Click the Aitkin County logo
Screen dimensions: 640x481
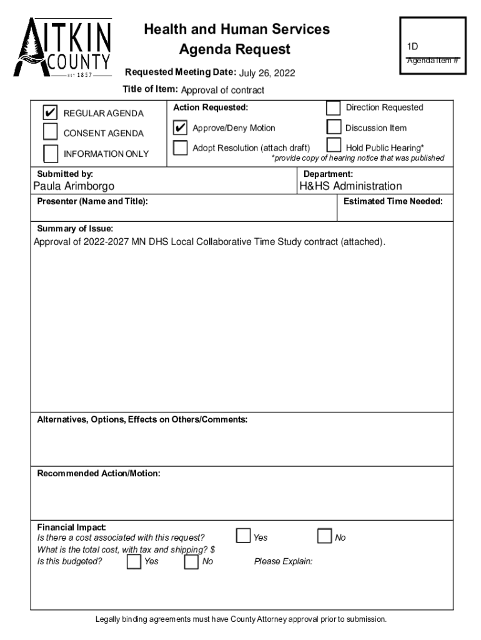point(63,48)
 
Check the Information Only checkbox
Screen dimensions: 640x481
point(51,153)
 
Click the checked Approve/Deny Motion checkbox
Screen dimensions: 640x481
point(181,128)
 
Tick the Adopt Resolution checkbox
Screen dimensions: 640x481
point(181,148)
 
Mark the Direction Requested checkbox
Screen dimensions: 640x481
point(334,107)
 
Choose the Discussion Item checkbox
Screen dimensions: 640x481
point(334,127)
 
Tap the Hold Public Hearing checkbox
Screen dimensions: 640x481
point(334,147)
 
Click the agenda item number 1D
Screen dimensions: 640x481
point(413,46)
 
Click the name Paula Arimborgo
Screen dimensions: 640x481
point(74,186)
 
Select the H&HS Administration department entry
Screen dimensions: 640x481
point(350,186)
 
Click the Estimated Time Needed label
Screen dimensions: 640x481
point(393,201)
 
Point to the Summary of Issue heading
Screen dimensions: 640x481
point(75,229)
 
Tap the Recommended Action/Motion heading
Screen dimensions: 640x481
point(99,474)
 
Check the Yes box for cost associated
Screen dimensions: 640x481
point(243,536)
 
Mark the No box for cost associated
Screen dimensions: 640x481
point(324,536)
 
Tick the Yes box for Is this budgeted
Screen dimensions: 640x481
point(134,562)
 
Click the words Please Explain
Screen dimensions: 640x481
point(283,562)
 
